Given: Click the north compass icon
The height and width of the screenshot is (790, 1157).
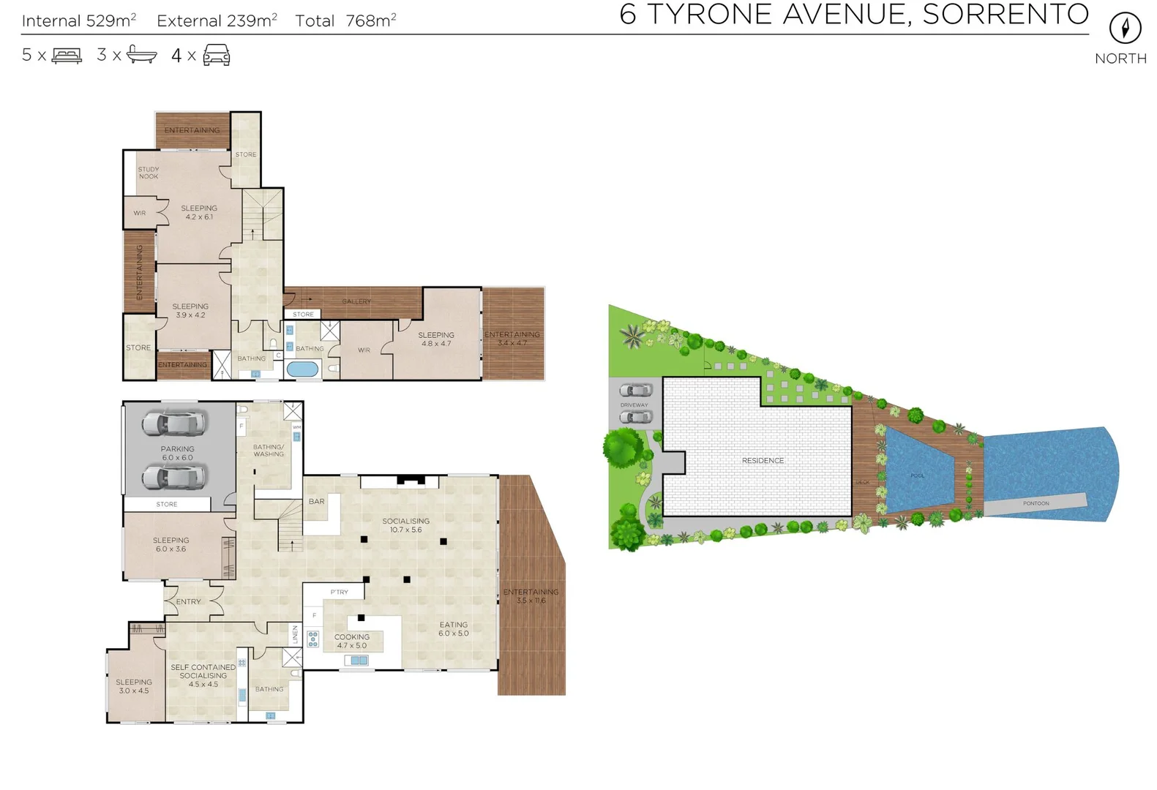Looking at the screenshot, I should (1124, 29).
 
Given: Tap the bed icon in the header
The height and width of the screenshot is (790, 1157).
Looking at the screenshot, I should (67, 56).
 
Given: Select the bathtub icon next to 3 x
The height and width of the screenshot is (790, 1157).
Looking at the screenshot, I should (141, 55).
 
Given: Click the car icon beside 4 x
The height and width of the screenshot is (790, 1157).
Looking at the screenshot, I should (216, 55).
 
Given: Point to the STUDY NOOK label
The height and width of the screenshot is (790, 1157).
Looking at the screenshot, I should (149, 173).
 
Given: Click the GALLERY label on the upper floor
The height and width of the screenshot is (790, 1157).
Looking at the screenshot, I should (356, 301).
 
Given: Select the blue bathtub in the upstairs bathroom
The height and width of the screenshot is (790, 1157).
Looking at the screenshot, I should (302, 369).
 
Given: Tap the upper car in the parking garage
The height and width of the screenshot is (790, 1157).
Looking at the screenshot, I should (174, 424).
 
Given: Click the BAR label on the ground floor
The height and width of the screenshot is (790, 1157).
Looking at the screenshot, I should (316, 502).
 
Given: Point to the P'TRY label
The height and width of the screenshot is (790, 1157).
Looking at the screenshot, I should (339, 592).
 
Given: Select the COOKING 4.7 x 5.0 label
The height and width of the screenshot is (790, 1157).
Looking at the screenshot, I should (352, 642).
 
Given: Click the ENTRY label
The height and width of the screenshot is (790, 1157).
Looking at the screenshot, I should (188, 602).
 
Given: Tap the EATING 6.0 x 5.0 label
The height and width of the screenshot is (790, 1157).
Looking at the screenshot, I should (453, 629).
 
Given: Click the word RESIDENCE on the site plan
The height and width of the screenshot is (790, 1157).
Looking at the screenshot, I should (763, 461).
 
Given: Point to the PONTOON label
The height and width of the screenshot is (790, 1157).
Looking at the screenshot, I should (1036, 504).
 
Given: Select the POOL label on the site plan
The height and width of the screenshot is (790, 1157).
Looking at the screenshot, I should (917, 476).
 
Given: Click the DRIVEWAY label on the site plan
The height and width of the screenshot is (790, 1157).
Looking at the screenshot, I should (634, 405).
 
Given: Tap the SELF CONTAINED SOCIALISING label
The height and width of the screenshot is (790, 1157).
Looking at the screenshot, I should (203, 671).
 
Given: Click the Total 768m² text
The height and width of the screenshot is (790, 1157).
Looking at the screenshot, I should (345, 21).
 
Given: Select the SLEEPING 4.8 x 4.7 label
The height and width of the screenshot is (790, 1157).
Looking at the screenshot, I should (436, 339).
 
